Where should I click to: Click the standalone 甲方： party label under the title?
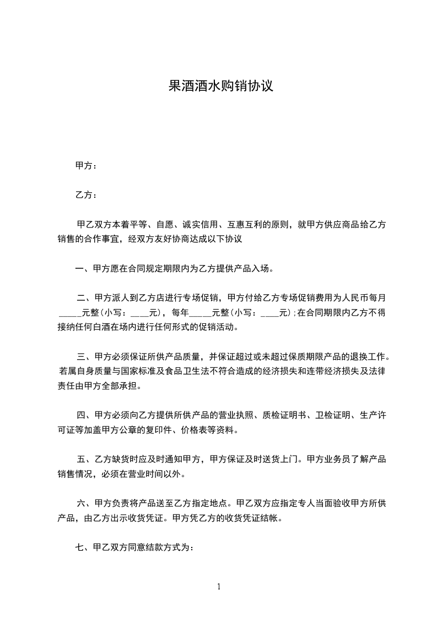pyautogui.click(x=86, y=166)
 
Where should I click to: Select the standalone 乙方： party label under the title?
pyautogui.click(x=86, y=195)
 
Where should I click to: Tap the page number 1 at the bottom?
pyautogui.click(x=219, y=587)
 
